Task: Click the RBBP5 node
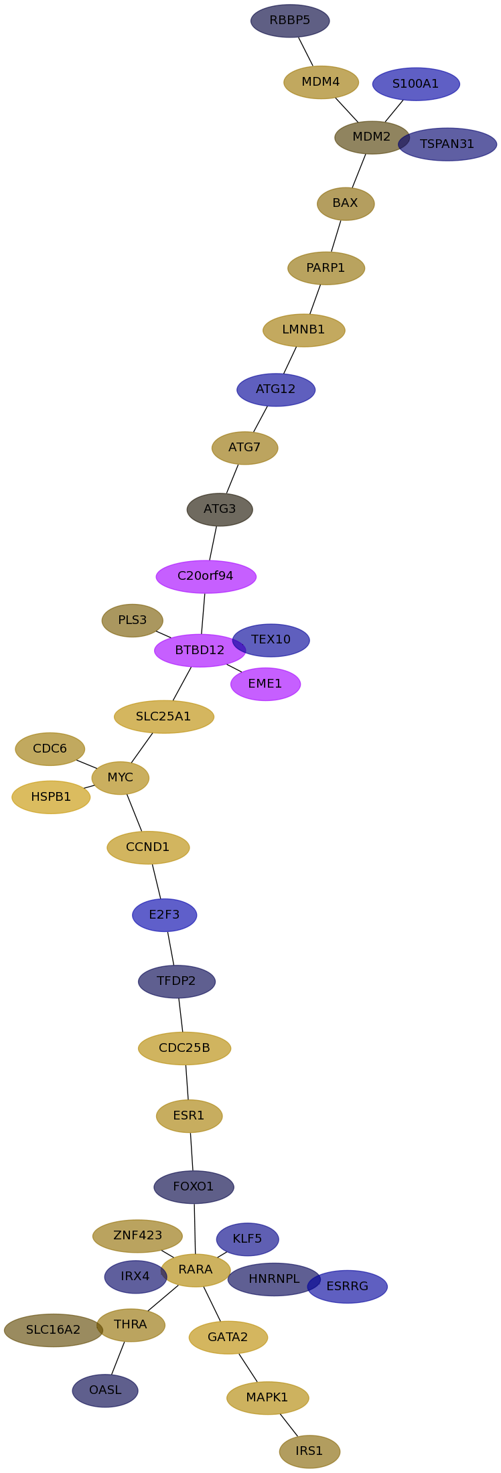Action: click(x=290, y=21)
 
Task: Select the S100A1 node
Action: click(x=416, y=84)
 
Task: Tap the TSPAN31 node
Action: click(x=452, y=145)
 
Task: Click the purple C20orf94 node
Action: click(x=206, y=576)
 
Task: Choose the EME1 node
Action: click(x=265, y=684)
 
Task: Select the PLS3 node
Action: click(x=132, y=621)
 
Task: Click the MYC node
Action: click(x=121, y=778)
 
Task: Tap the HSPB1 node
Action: click(x=51, y=797)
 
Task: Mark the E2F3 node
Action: click(x=164, y=915)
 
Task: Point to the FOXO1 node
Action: click(x=194, y=1187)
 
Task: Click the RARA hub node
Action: click(x=196, y=1270)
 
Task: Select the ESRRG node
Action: click(x=350, y=1286)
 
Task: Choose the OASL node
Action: click(x=105, y=1391)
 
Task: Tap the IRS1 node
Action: click(x=309, y=1452)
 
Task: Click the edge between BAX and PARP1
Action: click(x=336, y=236)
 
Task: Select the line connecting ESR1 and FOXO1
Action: click(x=192, y=1152)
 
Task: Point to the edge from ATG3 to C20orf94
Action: click(x=213, y=543)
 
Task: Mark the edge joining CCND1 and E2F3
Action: click(x=156, y=881)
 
